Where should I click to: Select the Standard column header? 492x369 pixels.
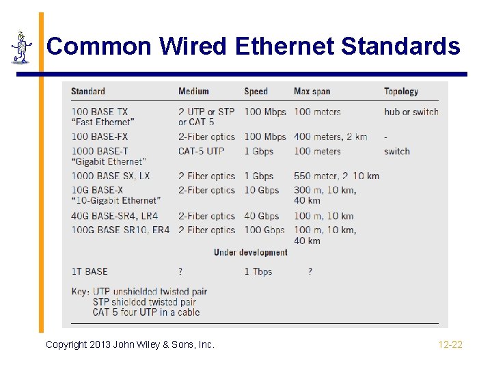(x=88, y=92)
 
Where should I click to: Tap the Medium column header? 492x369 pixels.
(x=193, y=92)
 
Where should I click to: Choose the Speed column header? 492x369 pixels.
(x=256, y=92)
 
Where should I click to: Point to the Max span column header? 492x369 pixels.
(x=312, y=92)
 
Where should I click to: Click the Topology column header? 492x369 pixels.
(x=401, y=92)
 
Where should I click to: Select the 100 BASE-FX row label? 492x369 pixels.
(x=100, y=137)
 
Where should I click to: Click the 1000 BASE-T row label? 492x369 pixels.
(x=100, y=151)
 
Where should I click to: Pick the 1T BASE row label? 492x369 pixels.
(x=90, y=271)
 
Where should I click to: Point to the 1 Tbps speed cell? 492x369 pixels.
(x=258, y=271)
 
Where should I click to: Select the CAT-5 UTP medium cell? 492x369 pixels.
(x=201, y=151)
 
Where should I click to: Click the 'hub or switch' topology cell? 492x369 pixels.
(x=411, y=111)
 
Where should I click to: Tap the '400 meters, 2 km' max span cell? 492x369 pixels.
(x=331, y=137)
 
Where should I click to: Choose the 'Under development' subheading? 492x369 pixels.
(x=250, y=252)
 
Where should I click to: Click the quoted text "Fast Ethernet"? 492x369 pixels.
(x=103, y=122)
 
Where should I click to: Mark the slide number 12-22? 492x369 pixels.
(x=450, y=344)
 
